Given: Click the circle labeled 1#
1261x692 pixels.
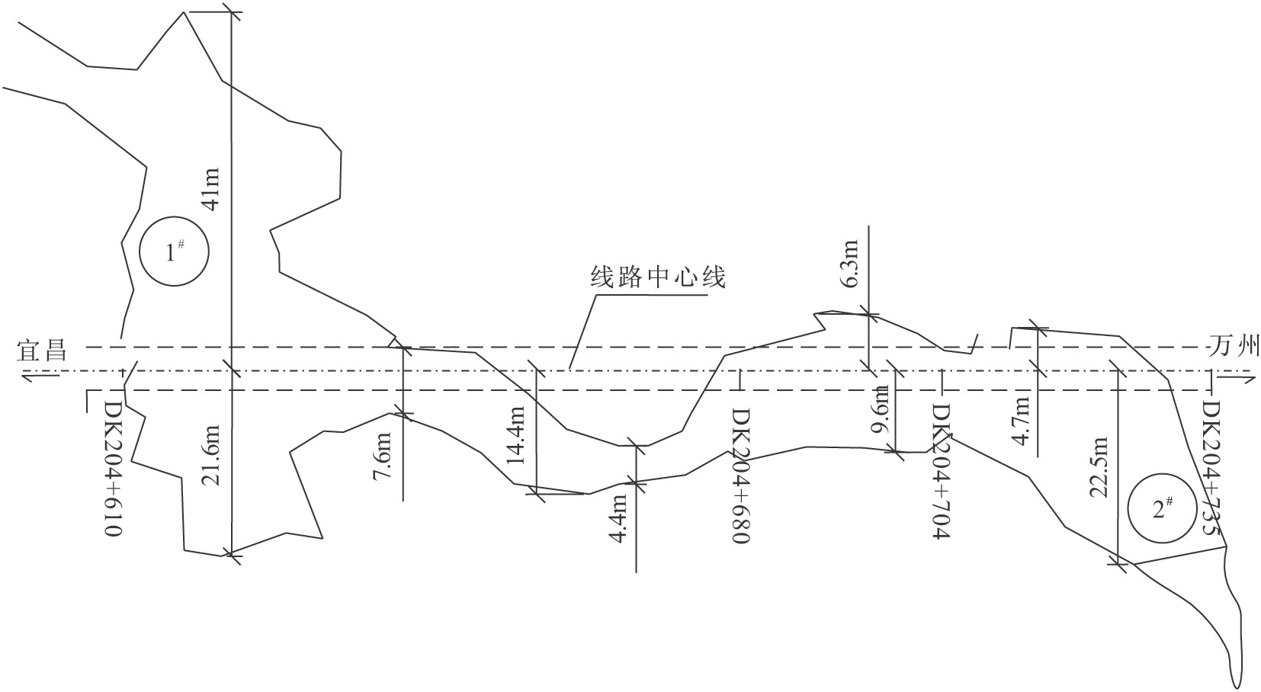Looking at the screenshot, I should click(175, 251).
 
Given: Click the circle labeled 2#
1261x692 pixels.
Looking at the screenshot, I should click(1162, 509).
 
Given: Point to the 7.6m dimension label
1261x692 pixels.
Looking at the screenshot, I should click(383, 455).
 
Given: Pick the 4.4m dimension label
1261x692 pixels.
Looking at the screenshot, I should click(618, 518).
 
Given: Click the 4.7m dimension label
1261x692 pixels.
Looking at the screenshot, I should click(1022, 419).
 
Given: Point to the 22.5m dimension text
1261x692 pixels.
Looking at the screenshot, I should click(1099, 467).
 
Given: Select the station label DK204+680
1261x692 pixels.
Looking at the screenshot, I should click(741, 476).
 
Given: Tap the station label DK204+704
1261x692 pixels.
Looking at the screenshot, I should click(940, 471).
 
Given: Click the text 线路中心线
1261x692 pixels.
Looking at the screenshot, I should click(658, 277).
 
